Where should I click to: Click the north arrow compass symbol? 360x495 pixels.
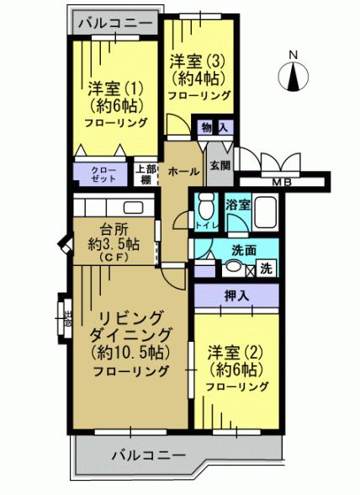(293, 77)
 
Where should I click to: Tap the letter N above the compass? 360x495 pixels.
(293, 56)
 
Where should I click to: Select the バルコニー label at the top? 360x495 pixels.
(114, 23)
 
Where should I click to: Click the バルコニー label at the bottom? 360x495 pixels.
(148, 455)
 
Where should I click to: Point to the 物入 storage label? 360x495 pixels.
(214, 127)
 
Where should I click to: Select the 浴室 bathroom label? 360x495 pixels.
(236, 204)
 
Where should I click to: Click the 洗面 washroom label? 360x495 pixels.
(245, 250)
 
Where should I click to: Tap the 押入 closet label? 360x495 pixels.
(236, 295)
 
